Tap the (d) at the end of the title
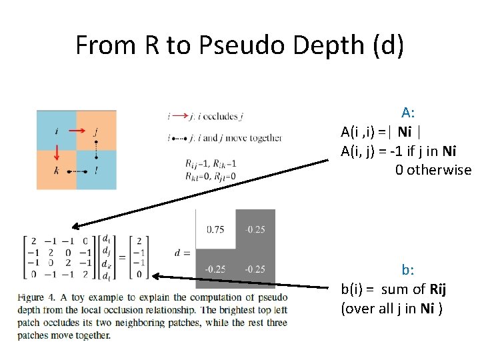pyautogui.click(x=386, y=45)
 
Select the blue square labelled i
pyautogui.click(x=56, y=130)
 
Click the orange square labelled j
pyautogui.click(x=97, y=130)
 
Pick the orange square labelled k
pyautogui.click(x=56, y=170)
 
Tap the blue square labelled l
pyautogui.click(x=97, y=170)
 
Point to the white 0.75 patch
pyautogui.click(x=215, y=229)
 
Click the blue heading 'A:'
pyautogui.click(x=408, y=112)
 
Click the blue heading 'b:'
pyautogui.click(x=407, y=270)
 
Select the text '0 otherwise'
pyautogui.click(x=433, y=169)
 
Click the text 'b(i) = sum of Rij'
pyautogui.click(x=393, y=289)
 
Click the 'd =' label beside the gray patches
pyautogui.click(x=183, y=253)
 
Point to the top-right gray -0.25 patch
pyautogui.click(x=255, y=229)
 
